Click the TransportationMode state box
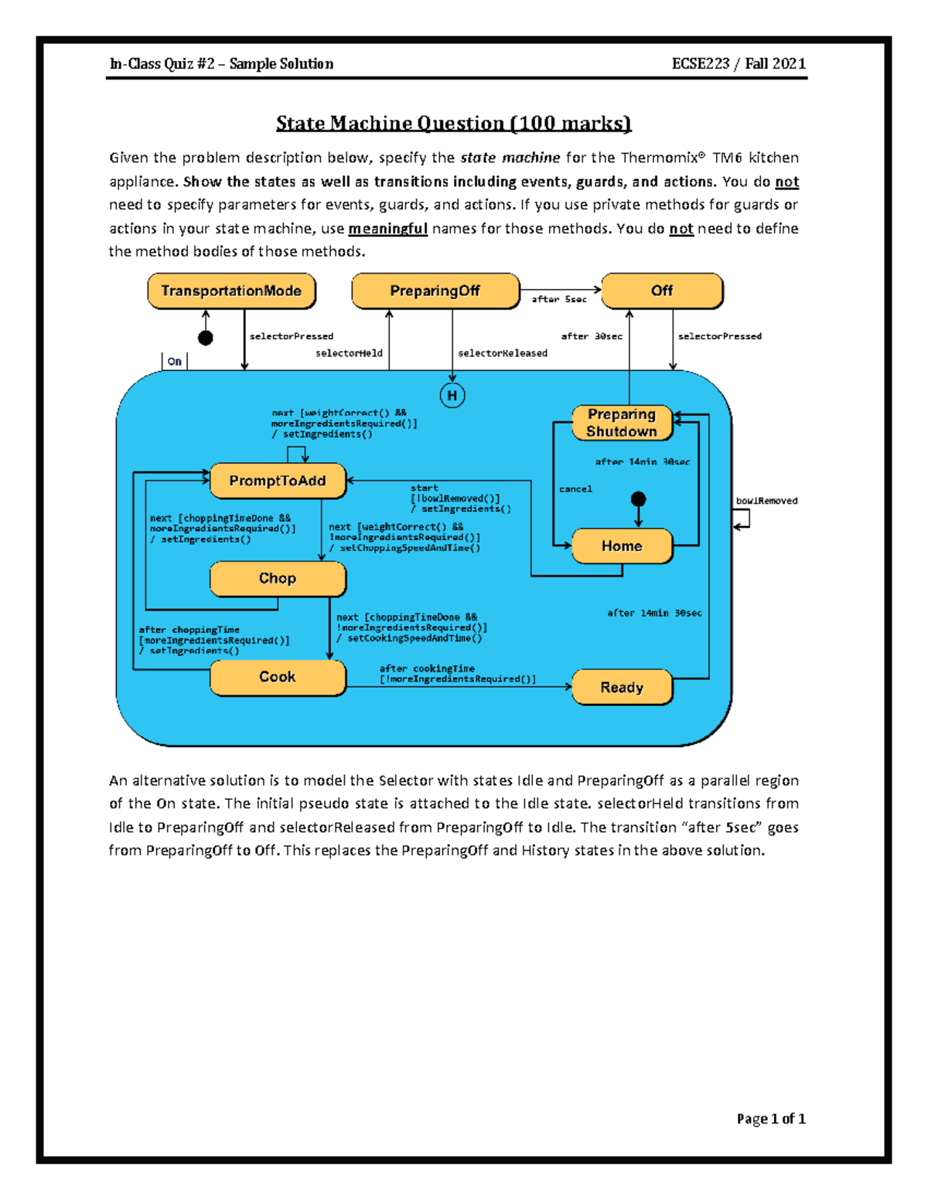point(231,291)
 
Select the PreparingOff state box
point(435,291)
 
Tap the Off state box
point(661,291)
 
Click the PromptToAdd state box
point(277,481)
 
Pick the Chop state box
point(277,579)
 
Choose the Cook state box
point(277,677)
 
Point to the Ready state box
point(622,688)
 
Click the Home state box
point(622,546)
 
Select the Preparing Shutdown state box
point(622,423)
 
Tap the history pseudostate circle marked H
point(452,396)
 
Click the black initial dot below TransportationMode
point(206,338)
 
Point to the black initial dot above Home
point(638,499)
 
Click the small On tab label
point(175,362)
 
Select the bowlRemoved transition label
point(766,501)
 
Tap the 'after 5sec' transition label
point(558,299)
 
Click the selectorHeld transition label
point(349,353)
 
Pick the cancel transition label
point(575,489)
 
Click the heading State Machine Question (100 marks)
point(454,124)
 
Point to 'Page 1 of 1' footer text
point(770,1119)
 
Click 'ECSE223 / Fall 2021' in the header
point(739,64)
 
